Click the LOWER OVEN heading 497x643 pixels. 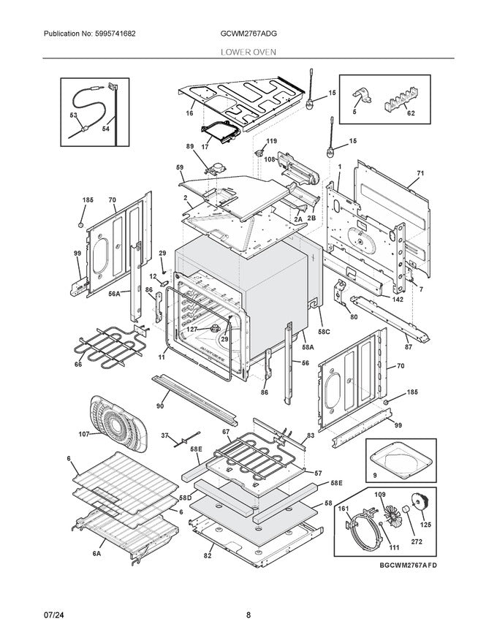click(x=248, y=53)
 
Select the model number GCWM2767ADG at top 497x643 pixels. click(x=248, y=34)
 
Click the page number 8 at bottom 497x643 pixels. click(x=248, y=615)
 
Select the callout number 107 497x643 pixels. click(x=84, y=434)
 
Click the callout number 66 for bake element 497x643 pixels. click(x=77, y=364)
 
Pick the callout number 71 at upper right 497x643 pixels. click(x=420, y=175)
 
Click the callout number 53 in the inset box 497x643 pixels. click(x=74, y=115)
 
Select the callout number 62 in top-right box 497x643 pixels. click(x=410, y=114)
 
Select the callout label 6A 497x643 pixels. click(x=96, y=554)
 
